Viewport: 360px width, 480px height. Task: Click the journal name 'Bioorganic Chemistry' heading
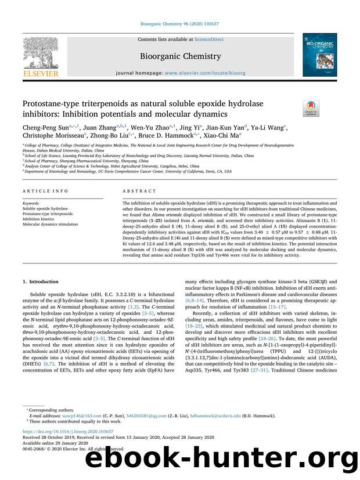tap(179, 56)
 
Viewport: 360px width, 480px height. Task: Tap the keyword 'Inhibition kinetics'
tap(39, 219)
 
